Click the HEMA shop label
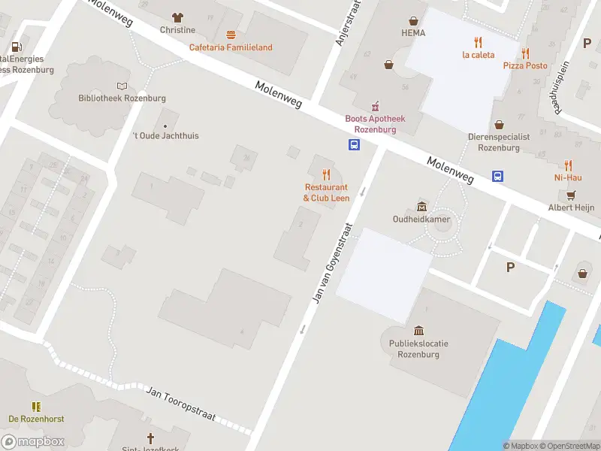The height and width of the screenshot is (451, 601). click(413, 33)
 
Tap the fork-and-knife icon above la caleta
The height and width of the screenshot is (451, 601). click(477, 41)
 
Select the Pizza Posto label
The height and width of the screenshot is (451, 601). click(525, 65)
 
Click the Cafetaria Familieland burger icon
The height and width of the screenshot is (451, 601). click(231, 35)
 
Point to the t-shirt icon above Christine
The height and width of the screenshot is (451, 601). click(177, 17)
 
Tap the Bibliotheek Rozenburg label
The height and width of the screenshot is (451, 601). click(122, 98)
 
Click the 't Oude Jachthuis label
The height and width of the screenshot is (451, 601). click(165, 136)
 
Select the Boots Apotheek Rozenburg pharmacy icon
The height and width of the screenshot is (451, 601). click(375, 106)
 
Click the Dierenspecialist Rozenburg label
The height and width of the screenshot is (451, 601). click(499, 142)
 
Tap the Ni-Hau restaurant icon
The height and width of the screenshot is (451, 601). click(569, 165)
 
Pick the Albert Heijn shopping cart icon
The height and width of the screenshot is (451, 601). click(570, 195)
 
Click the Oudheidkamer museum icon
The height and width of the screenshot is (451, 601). click(421, 207)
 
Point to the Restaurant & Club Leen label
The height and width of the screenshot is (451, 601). click(326, 192)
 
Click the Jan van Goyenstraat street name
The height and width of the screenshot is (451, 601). click(331, 262)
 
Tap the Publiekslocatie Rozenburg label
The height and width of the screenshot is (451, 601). click(418, 348)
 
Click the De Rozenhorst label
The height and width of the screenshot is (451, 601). click(36, 419)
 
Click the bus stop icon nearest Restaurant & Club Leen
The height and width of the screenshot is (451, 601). click(353, 145)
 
